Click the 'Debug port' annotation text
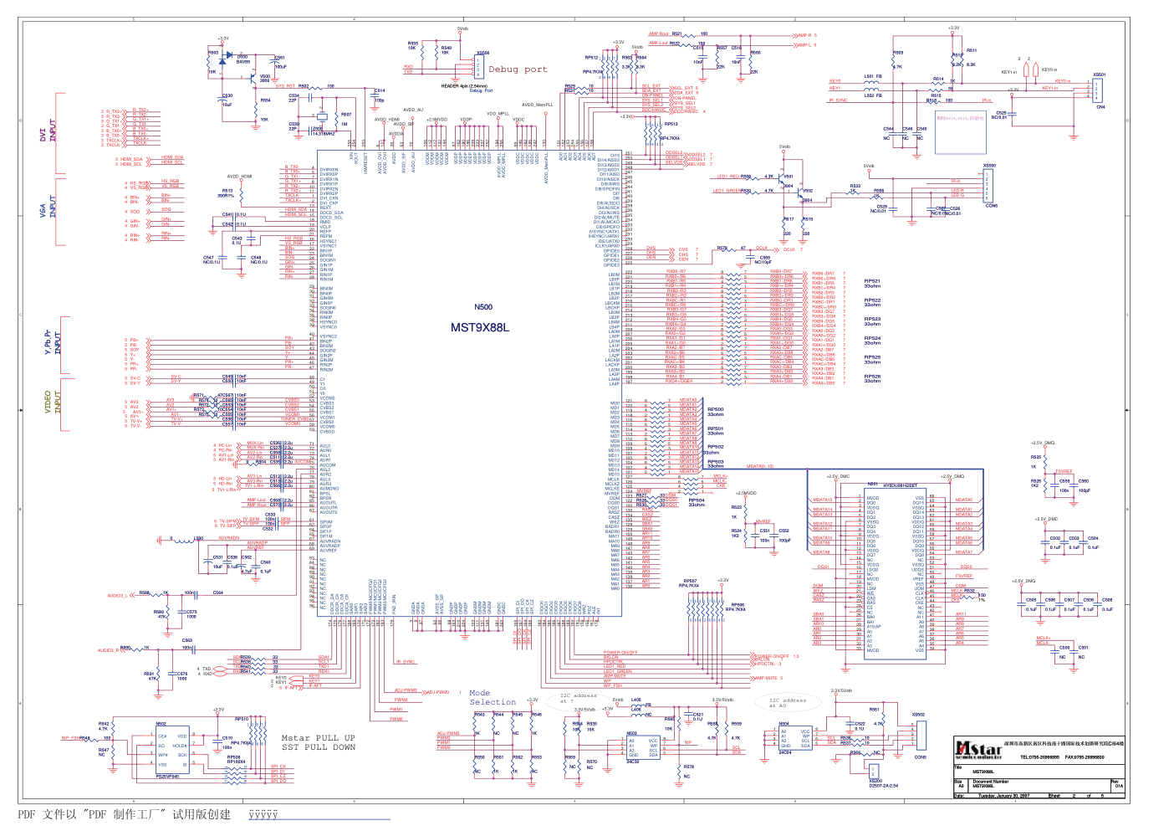click(x=518, y=69)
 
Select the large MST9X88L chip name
click(x=480, y=327)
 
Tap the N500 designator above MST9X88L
click(x=483, y=307)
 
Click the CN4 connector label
click(x=1100, y=107)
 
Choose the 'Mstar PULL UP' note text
click(x=318, y=738)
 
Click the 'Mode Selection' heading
click(x=492, y=697)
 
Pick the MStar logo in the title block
click(x=978, y=748)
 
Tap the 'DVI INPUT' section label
click(x=48, y=131)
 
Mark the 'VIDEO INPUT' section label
click(x=53, y=402)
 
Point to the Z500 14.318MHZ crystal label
click(x=323, y=131)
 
